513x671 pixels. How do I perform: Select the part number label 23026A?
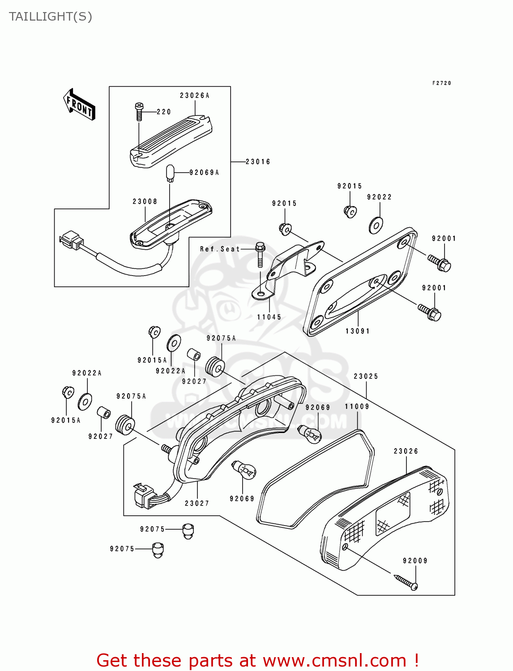(195, 96)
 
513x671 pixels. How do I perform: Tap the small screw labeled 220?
(139, 111)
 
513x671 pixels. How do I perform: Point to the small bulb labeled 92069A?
(170, 173)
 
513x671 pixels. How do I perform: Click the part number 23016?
(258, 162)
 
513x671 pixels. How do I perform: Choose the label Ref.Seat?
(220, 249)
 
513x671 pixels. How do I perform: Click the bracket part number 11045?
(269, 317)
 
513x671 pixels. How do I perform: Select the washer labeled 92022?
(376, 225)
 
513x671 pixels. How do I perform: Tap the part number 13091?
(358, 331)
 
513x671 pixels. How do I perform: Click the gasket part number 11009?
(357, 407)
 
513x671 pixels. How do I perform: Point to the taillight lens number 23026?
(406, 451)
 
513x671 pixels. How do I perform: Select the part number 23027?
(197, 504)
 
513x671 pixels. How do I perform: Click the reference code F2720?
(441, 83)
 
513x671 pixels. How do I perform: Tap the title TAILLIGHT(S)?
(51, 17)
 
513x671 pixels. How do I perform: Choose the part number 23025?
(366, 377)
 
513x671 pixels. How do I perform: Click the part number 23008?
(145, 202)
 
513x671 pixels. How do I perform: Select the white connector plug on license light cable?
(72, 241)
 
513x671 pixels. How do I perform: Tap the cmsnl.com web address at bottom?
(334, 661)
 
